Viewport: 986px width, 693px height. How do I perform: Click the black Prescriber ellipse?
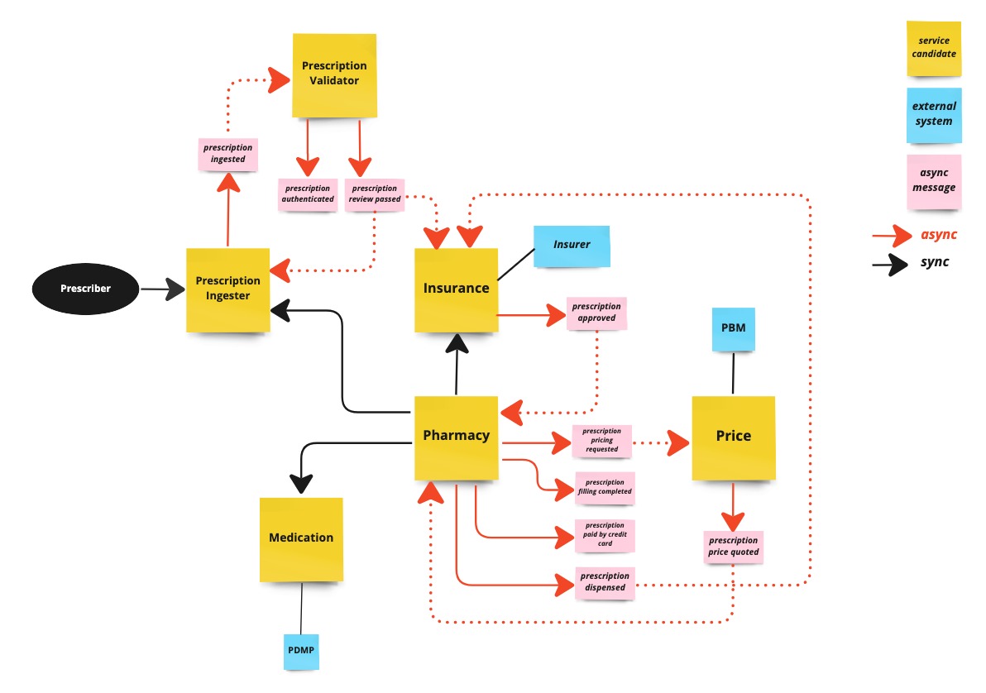(x=85, y=289)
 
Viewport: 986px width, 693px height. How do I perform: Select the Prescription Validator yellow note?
(x=334, y=74)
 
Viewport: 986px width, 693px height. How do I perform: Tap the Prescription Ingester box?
(x=227, y=289)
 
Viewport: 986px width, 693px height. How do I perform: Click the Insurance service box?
(x=456, y=289)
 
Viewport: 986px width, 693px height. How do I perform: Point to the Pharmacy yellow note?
(x=456, y=436)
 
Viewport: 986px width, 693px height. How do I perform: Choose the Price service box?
(x=733, y=437)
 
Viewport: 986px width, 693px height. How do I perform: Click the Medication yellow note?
(x=301, y=538)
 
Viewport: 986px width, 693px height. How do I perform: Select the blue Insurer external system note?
(x=572, y=246)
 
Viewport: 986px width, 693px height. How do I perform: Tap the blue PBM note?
(x=733, y=328)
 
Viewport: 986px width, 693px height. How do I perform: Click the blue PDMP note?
(x=301, y=650)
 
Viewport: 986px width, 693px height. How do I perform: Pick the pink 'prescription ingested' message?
(x=227, y=154)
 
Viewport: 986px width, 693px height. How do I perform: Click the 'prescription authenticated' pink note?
(x=308, y=194)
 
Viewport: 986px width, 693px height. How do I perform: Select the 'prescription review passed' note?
(x=375, y=194)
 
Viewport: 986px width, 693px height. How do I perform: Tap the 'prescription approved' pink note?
(x=596, y=313)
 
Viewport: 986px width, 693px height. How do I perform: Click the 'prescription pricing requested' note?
(x=601, y=440)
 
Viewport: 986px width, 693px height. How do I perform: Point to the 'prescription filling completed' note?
(x=605, y=487)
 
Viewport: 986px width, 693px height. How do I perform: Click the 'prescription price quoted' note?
(x=732, y=547)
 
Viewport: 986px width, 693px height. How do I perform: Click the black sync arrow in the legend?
(x=890, y=264)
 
